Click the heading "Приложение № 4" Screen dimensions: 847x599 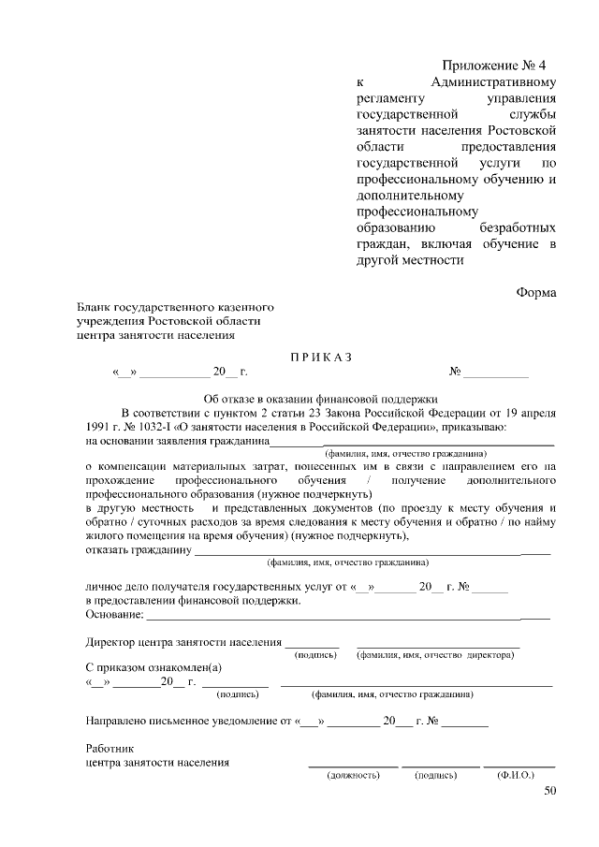tap(493, 66)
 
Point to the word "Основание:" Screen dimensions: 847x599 tap(114, 615)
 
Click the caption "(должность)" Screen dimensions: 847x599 tap(352, 775)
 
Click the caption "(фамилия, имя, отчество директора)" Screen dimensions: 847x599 tap(435, 655)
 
